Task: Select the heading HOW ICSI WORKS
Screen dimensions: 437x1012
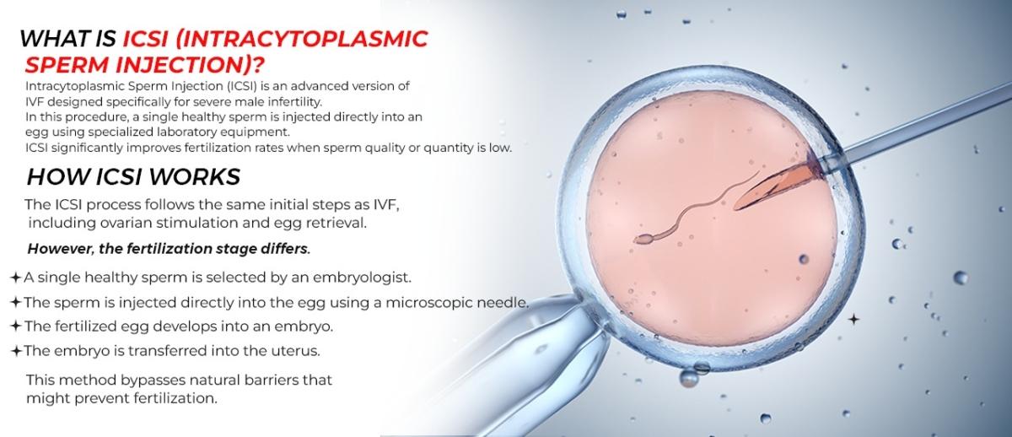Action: click(x=133, y=176)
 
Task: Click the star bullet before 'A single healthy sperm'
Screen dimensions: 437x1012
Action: click(x=16, y=277)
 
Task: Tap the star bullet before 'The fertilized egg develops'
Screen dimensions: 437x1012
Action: click(x=16, y=326)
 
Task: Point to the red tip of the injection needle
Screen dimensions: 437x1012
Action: click(x=751, y=194)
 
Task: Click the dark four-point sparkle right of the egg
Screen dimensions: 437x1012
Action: click(x=853, y=319)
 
